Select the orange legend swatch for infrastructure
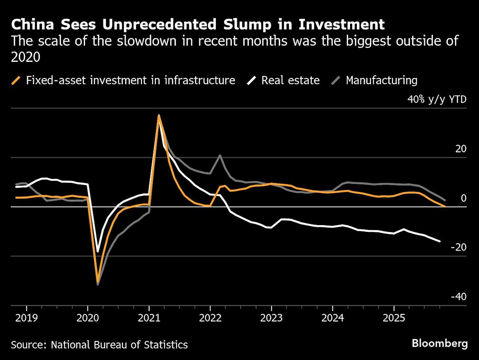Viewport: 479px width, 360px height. pos(16,80)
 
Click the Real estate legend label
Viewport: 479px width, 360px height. pos(290,80)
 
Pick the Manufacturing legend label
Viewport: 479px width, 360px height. pos(381,80)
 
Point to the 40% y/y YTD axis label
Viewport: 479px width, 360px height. pos(436,99)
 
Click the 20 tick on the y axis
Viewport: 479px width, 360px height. pos(461,149)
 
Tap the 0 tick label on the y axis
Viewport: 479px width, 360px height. pos(463,198)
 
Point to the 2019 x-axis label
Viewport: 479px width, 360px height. pos(26,319)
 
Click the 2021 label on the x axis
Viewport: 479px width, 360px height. pos(149,319)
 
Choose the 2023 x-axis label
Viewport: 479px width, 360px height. pos(271,319)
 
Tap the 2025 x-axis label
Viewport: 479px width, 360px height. pos(394,319)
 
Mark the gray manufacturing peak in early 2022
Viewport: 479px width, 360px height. pos(220,155)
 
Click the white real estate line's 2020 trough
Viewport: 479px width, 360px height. pos(97,252)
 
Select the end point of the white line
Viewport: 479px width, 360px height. pos(440,241)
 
